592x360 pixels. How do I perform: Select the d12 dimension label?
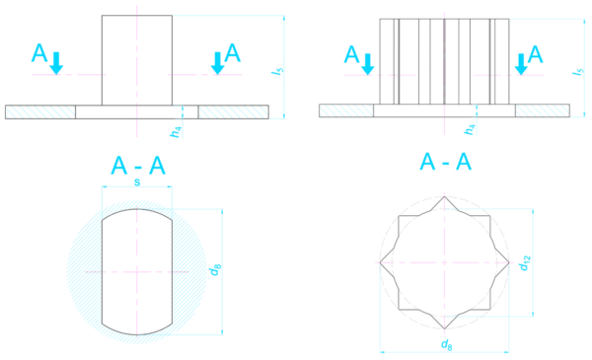[526, 263]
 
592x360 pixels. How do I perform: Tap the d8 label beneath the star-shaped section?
[447, 342]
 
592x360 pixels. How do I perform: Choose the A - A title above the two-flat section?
[138, 169]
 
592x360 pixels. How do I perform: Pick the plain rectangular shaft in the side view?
[137, 59]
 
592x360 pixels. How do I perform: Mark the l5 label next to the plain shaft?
[281, 71]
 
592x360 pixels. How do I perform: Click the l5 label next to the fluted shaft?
[577, 71]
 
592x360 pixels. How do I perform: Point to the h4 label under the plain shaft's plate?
[174, 129]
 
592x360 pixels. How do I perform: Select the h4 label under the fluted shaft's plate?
[471, 129]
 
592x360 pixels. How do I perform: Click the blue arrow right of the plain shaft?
[217, 64]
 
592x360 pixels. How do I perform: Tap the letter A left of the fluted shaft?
[350, 54]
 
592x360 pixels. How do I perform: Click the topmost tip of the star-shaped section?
[446, 197]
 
